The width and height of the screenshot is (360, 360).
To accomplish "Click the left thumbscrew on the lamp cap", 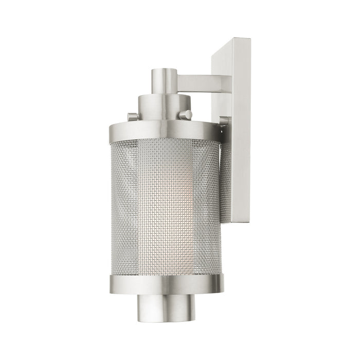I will pos(133,117).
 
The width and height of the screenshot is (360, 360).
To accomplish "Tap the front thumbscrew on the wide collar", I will pos(188,114).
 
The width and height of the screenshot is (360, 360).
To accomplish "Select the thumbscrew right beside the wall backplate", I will pos(224,121).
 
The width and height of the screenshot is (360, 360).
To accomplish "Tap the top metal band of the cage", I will pos(165,133).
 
